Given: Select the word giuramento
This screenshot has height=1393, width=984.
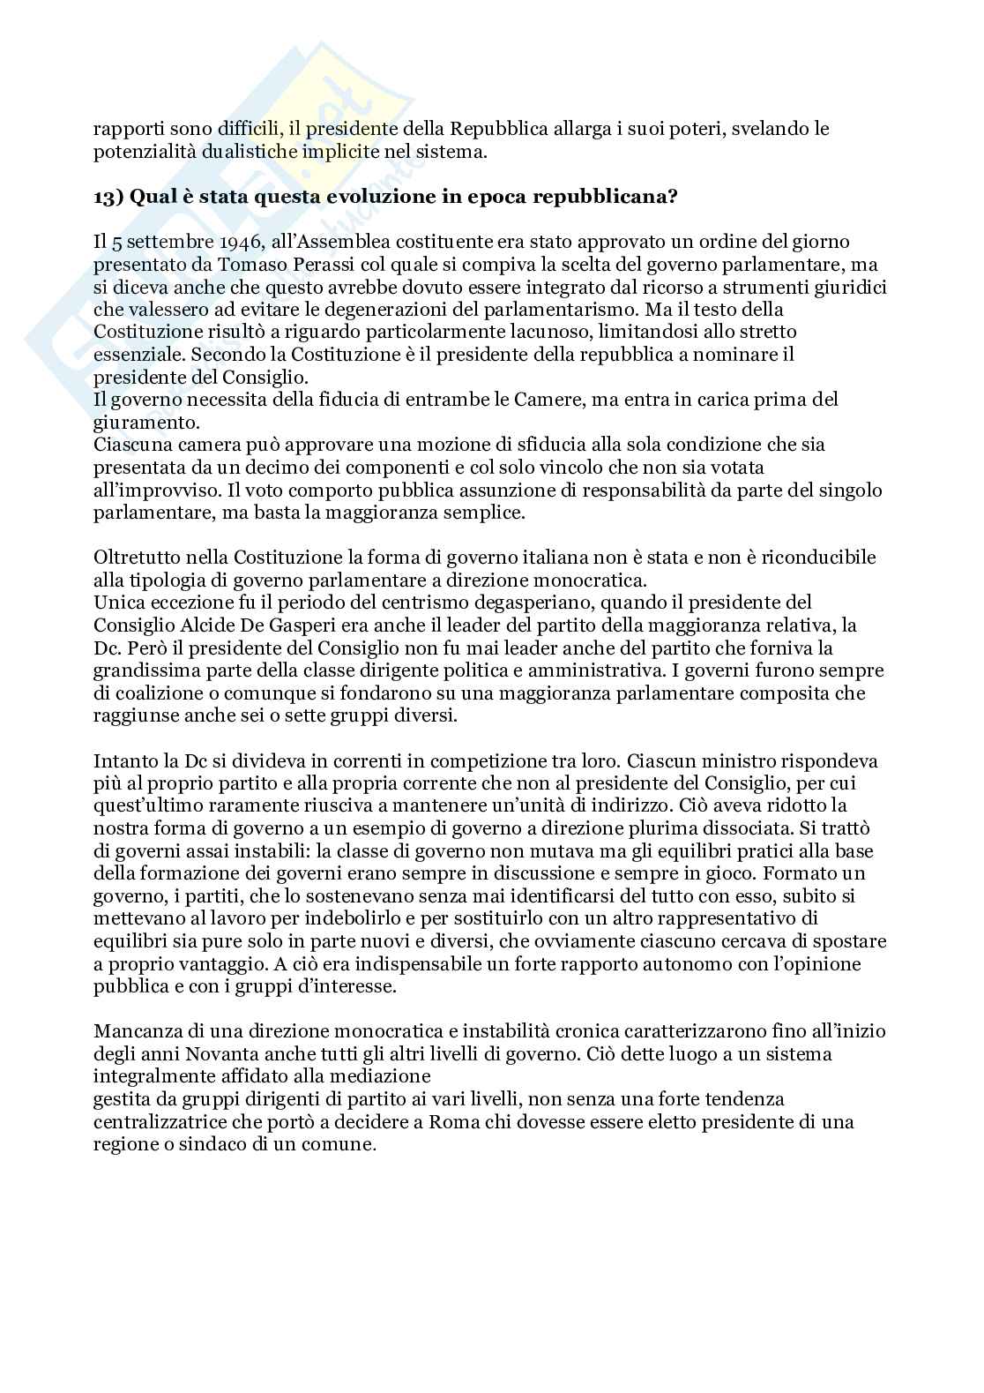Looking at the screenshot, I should point(137,422).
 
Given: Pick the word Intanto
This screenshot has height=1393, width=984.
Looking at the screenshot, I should point(123,760).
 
